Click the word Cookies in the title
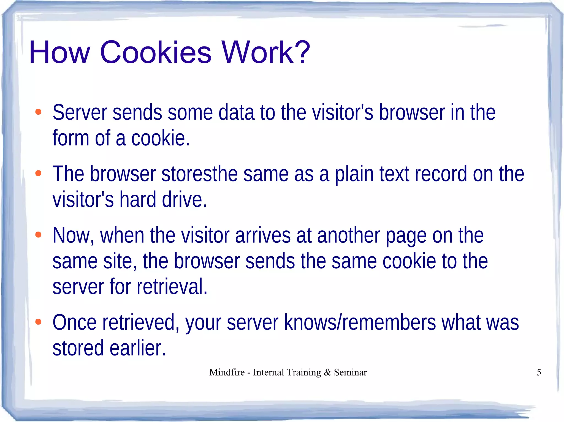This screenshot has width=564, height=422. tap(156, 52)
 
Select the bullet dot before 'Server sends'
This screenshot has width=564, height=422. tap(38, 112)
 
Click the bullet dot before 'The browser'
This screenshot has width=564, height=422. tap(38, 173)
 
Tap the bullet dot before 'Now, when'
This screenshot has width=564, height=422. tap(38, 235)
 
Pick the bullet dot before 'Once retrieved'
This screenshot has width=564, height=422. tap(38, 322)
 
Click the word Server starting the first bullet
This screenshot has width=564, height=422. tap(80, 113)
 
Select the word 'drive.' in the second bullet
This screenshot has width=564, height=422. tap(184, 200)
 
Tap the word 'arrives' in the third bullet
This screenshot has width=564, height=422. tap(263, 236)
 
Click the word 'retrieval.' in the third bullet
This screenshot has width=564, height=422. tap(172, 286)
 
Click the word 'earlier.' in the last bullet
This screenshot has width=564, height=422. tap(138, 348)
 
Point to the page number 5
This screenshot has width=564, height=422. tap(539, 372)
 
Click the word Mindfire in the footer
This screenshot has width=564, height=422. tap(227, 372)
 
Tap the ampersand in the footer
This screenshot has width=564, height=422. tap(327, 372)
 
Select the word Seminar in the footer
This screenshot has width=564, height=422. tap(350, 372)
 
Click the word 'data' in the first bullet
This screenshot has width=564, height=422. tap(236, 113)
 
